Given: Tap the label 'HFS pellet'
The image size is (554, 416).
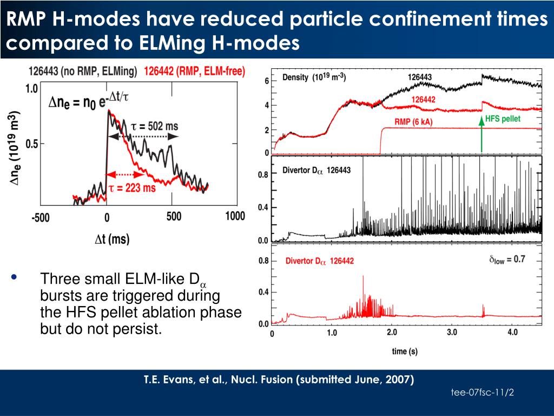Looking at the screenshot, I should [503, 119].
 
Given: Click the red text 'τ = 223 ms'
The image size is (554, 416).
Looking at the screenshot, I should [132, 188].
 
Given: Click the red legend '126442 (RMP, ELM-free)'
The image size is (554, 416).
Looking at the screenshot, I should [194, 71].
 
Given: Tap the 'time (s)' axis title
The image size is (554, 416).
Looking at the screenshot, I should [405, 352].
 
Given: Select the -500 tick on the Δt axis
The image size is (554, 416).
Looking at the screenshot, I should [40, 217].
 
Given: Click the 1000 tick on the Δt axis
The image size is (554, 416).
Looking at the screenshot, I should [235, 216].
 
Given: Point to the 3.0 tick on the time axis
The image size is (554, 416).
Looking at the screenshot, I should [452, 333].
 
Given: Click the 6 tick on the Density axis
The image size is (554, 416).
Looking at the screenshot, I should [266, 81].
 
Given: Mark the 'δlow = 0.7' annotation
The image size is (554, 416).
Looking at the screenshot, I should [507, 259].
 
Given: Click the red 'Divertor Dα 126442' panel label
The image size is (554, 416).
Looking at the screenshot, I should [319, 261].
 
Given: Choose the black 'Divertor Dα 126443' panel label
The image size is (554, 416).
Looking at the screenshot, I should [316, 170].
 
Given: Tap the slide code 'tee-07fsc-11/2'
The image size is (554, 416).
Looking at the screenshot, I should [482, 392].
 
